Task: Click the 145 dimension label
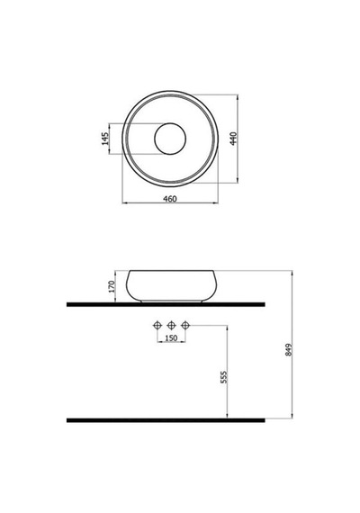(x=105, y=139)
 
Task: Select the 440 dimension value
(x=233, y=139)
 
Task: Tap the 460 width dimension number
(x=170, y=199)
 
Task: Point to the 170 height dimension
(x=112, y=286)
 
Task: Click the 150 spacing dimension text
(x=171, y=338)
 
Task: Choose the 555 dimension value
(x=223, y=377)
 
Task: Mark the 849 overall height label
(x=289, y=350)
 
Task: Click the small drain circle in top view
(x=170, y=139)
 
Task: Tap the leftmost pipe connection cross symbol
(x=157, y=325)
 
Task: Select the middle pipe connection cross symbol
(x=172, y=325)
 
